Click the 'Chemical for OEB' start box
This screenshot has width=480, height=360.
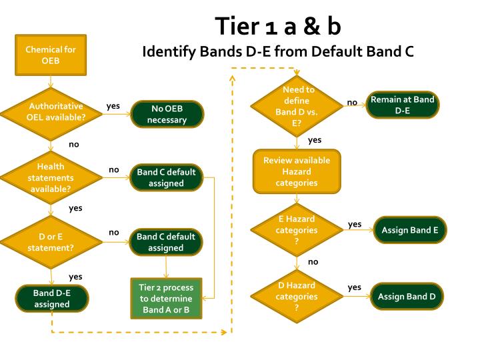pos(51,55)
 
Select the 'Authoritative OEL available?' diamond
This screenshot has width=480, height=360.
pos(51,114)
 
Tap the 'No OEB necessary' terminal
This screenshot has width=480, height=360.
pos(167,114)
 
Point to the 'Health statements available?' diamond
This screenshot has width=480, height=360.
pos(51,177)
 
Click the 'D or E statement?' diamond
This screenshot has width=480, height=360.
pos(51,242)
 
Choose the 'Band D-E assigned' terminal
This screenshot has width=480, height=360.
pos(52,299)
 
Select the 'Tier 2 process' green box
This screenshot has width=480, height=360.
pos(166,299)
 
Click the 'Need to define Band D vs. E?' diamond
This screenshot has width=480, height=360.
pos(297,106)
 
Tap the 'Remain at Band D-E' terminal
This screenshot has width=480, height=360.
pos(403,105)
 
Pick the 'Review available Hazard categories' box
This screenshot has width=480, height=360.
pos(297,171)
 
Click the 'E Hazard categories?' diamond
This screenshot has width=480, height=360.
pos(297,230)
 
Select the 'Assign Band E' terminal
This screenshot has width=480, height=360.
pos(410,230)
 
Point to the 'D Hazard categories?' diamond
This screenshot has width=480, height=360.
pos(297,296)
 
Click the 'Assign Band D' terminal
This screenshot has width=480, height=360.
pos(407,296)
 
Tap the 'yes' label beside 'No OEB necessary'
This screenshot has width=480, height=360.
pos(113,106)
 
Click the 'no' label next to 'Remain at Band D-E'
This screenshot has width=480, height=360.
pos(352,103)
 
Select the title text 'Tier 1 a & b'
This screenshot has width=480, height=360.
pos(278,26)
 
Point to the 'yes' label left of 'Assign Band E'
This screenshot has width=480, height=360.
pos(355,225)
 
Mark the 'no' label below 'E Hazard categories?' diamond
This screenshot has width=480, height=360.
pos(313,262)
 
